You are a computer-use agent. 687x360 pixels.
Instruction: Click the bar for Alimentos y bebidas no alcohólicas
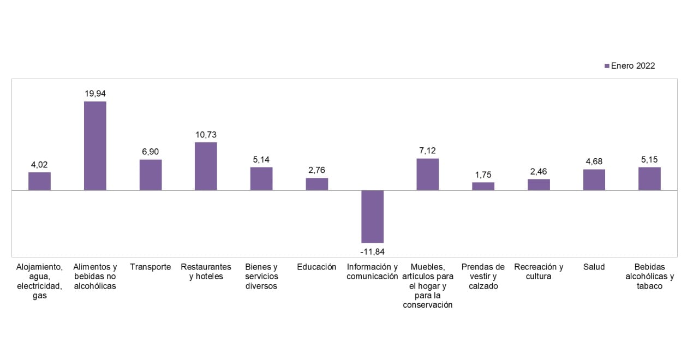click(x=95, y=146)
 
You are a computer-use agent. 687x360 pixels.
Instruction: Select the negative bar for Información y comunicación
click(x=372, y=217)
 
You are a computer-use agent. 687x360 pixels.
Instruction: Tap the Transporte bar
click(x=151, y=175)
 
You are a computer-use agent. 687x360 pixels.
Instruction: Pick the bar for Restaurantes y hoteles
click(x=206, y=166)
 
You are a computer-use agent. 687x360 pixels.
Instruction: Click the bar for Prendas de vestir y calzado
click(x=483, y=186)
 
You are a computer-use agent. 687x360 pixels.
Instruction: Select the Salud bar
click(x=594, y=179)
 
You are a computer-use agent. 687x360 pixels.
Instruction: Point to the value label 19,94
click(x=95, y=94)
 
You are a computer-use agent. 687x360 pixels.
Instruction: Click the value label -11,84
click(x=372, y=251)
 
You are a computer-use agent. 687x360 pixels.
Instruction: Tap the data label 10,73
click(x=206, y=135)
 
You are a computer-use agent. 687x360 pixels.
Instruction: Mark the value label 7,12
click(x=427, y=151)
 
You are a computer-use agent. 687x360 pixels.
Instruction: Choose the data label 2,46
click(x=538, y=172)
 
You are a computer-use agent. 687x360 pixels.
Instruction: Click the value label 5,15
click(x=649, y=160)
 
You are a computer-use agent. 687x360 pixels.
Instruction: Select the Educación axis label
click(x=316, y=267)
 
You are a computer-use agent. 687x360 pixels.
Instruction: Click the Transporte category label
click(x=151, y=267)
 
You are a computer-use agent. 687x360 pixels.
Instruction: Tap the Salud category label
click(x=594, y=267)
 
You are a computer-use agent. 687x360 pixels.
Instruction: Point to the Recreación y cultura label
click(x=539, y=272)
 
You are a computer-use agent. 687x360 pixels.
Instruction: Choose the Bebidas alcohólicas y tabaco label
click(x=649, y=277)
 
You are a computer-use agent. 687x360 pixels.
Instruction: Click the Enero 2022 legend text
click(x=632, y=66)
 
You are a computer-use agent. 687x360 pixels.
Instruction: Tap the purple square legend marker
click(x=607, y=66)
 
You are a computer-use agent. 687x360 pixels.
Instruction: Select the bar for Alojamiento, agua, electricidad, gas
click(x=39, y=181)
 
